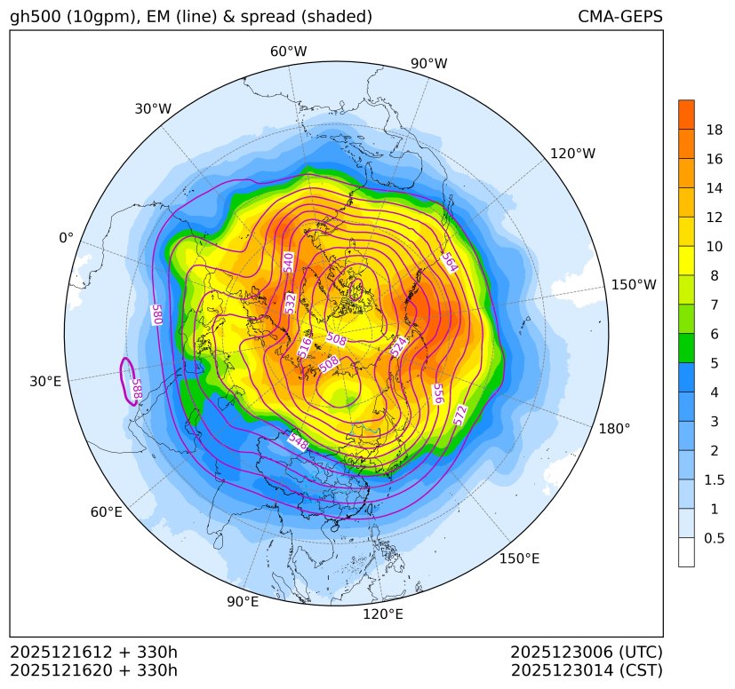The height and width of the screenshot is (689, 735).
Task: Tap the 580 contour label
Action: click(157, 314)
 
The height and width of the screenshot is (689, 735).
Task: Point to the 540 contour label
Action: click(288, 262)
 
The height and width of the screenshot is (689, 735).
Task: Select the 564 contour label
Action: click(450, 262)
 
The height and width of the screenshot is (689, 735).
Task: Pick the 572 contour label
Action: click(459, 415)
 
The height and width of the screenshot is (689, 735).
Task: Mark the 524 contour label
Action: click(399, 346)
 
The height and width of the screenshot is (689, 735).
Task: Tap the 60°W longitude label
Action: click(288, 51)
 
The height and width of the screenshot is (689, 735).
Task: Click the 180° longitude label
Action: click(614, 428)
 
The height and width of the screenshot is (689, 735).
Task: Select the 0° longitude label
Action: click(66, 238)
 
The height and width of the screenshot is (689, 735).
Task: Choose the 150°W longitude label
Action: click(634, 285)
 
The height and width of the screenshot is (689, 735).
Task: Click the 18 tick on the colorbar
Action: click(714, 130)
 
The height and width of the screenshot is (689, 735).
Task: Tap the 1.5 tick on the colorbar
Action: click(714, 479)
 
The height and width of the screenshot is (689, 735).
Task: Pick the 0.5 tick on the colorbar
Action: click(714, 538)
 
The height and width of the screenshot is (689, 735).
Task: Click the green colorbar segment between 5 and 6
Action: click(686, 347)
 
